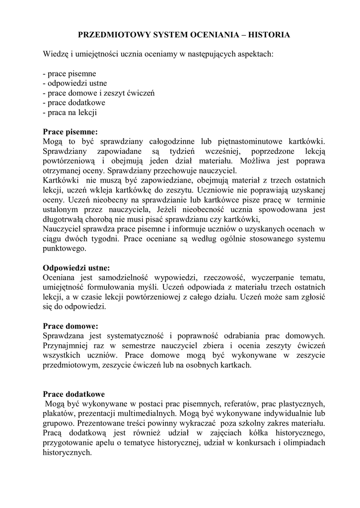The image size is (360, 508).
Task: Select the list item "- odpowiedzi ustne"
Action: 74,83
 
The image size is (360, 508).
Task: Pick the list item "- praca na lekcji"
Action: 70,112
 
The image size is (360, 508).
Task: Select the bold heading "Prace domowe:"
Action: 71,326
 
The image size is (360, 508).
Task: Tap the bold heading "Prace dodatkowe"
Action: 73,394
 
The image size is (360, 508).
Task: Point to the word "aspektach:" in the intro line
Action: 256,54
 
